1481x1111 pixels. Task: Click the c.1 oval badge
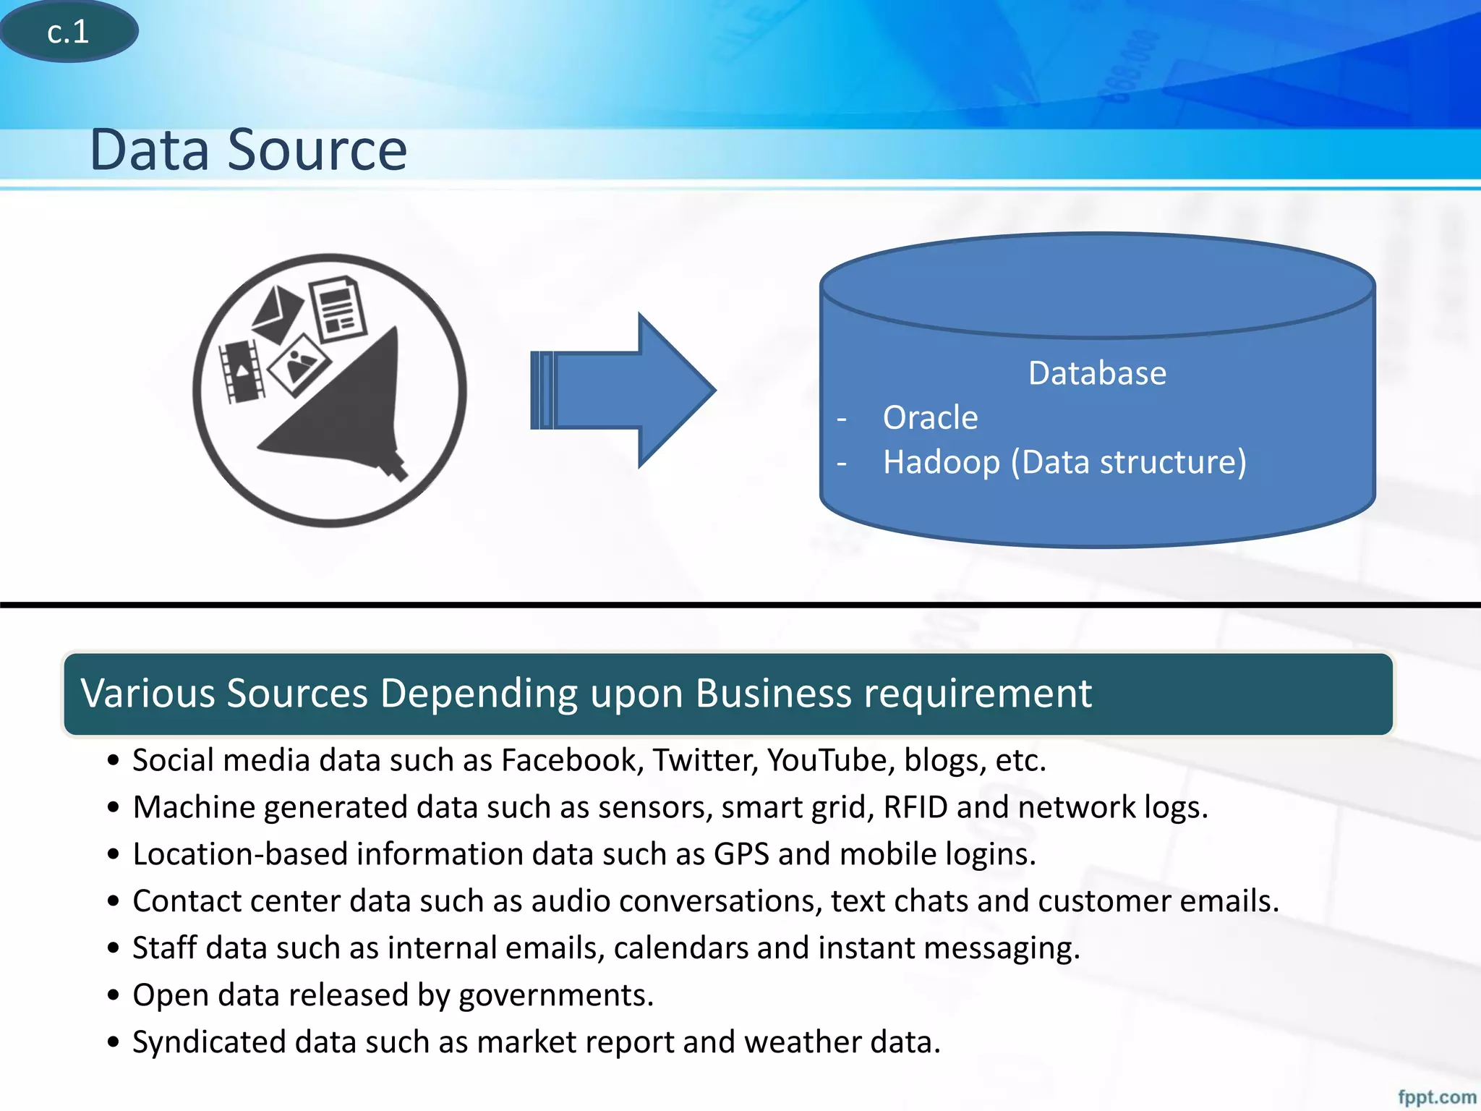click(x=69, y=32)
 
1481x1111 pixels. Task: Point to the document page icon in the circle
click(x=338, y=310)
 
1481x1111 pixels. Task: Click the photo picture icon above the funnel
click(x=299, y=365)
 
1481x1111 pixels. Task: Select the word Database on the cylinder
click(x=1097, y=374)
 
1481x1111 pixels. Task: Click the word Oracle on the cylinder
click(x=930, y=418)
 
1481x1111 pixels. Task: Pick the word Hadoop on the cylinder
click(x=941, y=462)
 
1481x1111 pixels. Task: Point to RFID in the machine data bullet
click(x=915, y=807)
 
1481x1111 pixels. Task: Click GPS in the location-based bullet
click(x=741, y=854)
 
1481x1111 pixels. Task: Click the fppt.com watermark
click(x=1436, y=1097)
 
